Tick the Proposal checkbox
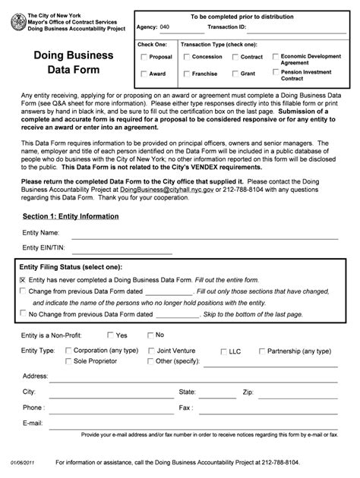[144, 57]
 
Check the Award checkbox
[144, 74]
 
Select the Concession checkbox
[186, 57]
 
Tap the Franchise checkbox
[186, 74]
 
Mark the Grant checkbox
[235, 74]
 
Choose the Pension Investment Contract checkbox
[273, 73]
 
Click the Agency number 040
[165, 27]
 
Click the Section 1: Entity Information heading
[69, 216]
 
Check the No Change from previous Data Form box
[23, 313]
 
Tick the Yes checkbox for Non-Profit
[111, 335]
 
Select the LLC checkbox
[223, 351]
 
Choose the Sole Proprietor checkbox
[69, 360]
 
